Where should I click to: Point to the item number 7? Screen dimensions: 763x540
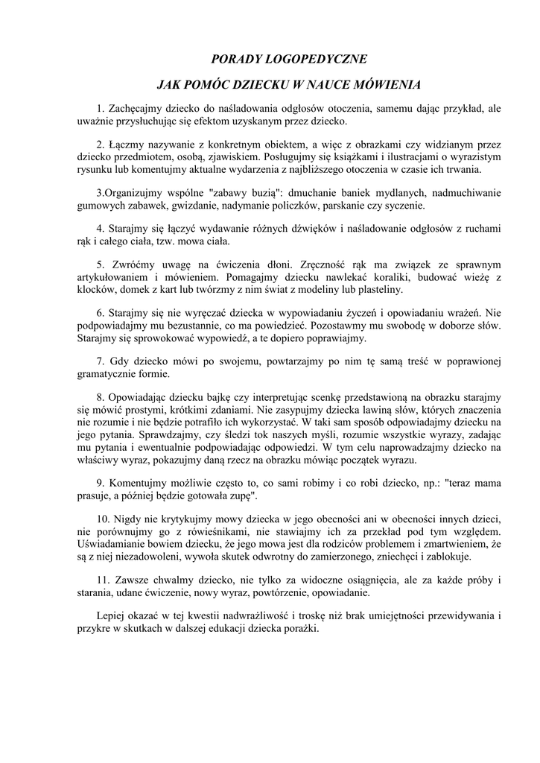point(101,361)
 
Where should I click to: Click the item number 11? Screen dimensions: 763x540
point(104,580)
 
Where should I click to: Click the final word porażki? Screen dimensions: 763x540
point(299,629)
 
